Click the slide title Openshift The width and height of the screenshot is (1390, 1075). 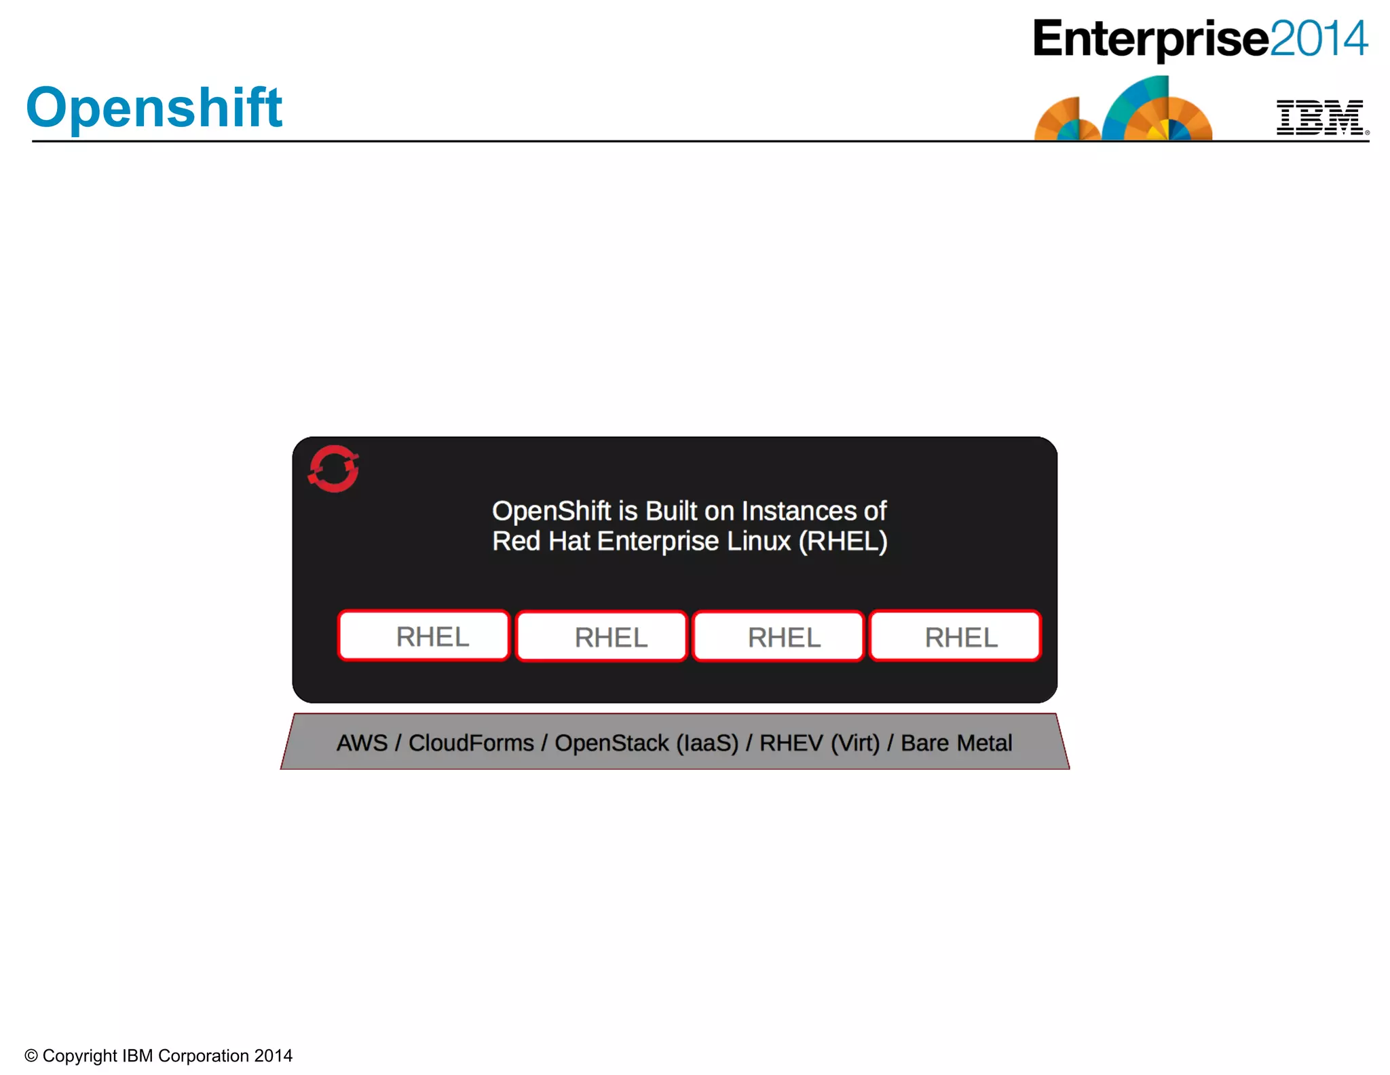[154, 107]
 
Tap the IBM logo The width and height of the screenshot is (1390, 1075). [1320, 117]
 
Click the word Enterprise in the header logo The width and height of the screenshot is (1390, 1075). [1150, 39]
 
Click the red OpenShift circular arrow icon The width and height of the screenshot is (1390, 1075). [333, 468]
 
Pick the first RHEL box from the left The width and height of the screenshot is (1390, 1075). [424, 636]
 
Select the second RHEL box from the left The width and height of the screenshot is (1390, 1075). [601, 637]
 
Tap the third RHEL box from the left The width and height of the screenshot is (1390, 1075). [778, 637]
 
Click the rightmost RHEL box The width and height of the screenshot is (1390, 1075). [955, 637]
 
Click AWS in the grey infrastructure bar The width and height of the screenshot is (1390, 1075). [362, 743]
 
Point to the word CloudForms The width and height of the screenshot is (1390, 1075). [471, 743]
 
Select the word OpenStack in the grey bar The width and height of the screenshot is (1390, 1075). [612, 743]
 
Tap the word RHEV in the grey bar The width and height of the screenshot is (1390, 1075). [791, 743]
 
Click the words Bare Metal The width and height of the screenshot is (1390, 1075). [956, 743]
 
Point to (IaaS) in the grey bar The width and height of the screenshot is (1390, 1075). [707, 743]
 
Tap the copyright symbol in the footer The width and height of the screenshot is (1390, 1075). [31, 1056]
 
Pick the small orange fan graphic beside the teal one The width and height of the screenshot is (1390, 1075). [1066, 120]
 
